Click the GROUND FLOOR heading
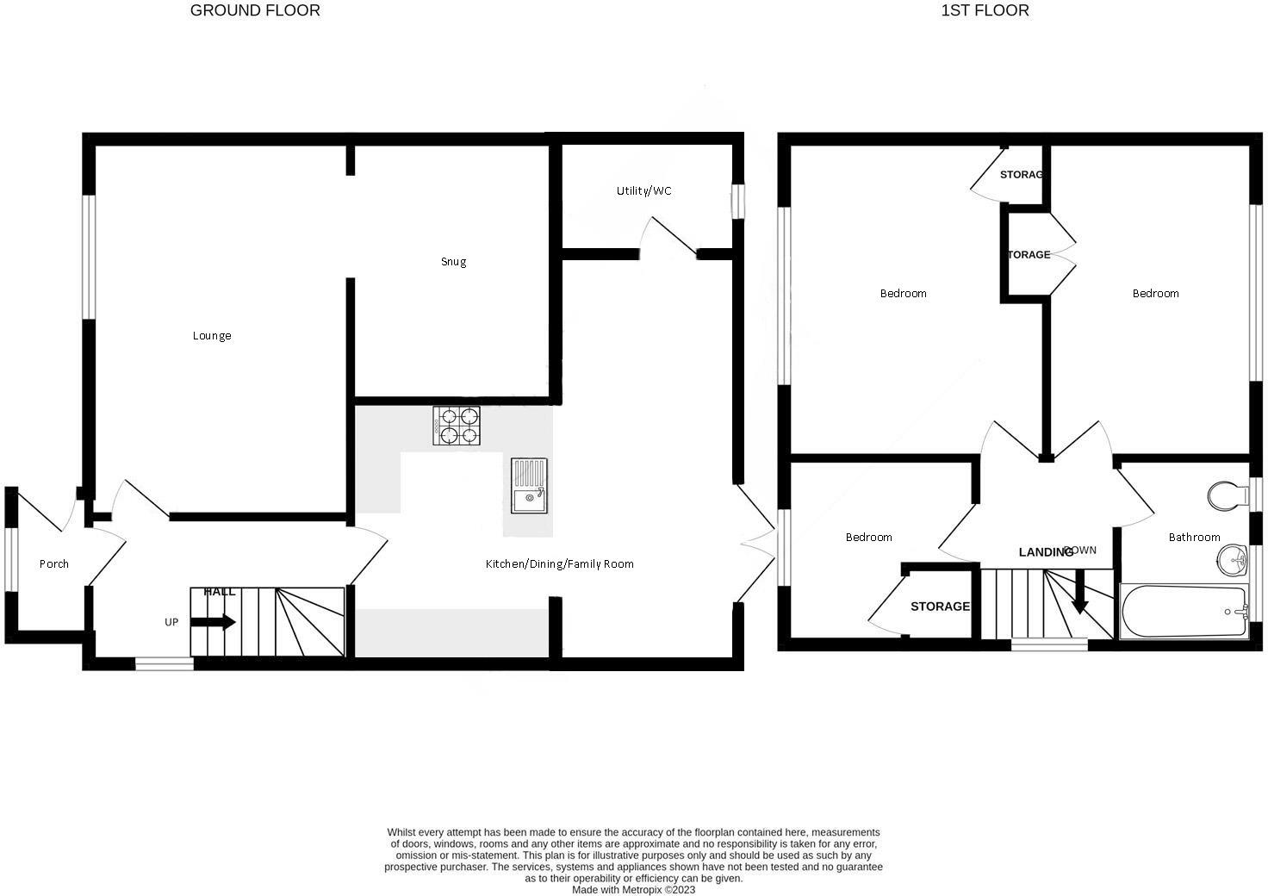(255, 11)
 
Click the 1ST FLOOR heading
(985, 11)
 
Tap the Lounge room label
(212, 336)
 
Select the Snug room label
(453, 262)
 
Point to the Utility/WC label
(643, 190)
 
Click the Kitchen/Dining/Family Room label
(559, 564)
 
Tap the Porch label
(54, 564)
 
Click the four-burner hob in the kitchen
(457, 426)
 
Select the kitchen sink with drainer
(528, 486)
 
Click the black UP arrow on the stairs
(214, 622)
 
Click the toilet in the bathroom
(1227, 496)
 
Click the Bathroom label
(1194, 538)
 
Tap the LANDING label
(1045, 552)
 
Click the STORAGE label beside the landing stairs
(940, 607)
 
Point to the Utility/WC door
(669, 236)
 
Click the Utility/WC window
(737, 202)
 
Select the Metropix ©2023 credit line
(633, 890)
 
